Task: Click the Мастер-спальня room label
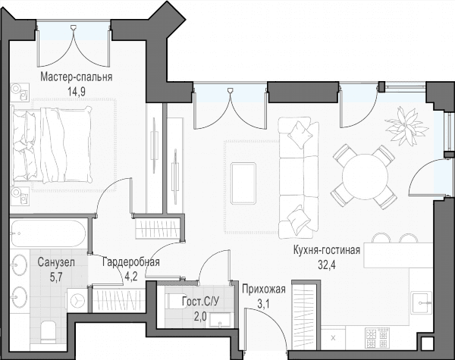(77, 77)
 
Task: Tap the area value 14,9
(76, 92)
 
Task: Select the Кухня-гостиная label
(327, 250)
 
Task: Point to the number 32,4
(327, 265)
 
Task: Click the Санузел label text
(56, 262)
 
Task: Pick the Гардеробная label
(131, 261)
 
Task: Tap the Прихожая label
(264, 290)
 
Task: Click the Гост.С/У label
(201, 302)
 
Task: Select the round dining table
(365, 177)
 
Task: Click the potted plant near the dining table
(406, 126)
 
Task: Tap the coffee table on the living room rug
(243, 183)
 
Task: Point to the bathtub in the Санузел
(49, 233)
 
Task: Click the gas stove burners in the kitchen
(377, 338)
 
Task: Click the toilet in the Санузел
(48, 332)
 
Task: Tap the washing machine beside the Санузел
(77, 300)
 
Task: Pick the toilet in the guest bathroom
(176, 301)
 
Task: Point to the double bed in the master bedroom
(51, 145)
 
